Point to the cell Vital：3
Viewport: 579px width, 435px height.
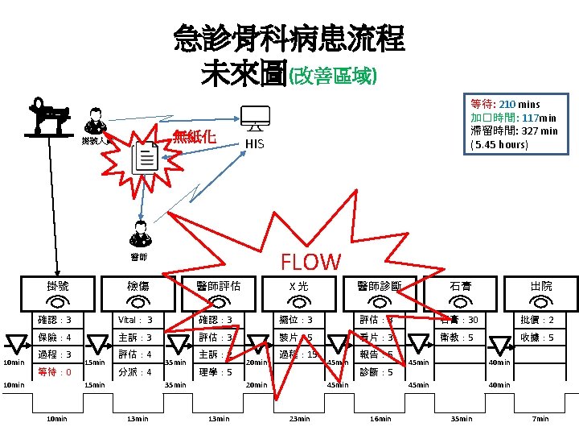[135, 321]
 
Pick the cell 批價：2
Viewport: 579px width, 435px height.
[537, 321]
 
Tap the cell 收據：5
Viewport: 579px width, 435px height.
[537, 338]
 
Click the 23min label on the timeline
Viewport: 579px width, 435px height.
[298, 419]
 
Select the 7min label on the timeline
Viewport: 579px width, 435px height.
[540, 419]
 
